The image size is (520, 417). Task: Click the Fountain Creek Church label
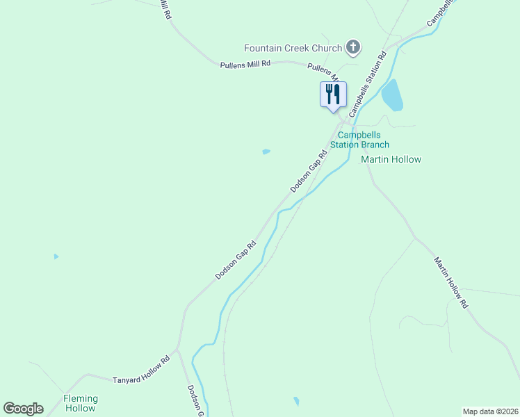click(x=293, y=48)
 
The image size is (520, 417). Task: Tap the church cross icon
click(x=353, y=48)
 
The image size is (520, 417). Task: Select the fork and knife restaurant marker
click(x=333, y=94)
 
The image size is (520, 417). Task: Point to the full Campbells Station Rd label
click(x=367, y=83)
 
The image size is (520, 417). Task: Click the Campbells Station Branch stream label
click(x=364, y=140)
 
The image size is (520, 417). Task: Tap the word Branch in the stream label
click(x=375, y=145)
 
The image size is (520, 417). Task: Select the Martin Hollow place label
click(x=391, y=159)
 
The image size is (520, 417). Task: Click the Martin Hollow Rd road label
click(x=452, y=283)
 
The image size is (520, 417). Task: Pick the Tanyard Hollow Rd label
click(x=141, y=370)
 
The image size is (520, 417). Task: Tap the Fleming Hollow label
click(x=81, y=403)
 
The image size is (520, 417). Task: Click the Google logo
click(x=23, y=409)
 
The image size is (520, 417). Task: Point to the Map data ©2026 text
click(x=490, y=411)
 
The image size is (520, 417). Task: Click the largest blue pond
click(x=392, y=95)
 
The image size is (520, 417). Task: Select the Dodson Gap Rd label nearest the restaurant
click(x=308, y=172)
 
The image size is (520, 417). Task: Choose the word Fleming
click(x=81, y=398)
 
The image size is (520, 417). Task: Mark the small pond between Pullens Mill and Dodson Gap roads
click(x=266, y=152)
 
